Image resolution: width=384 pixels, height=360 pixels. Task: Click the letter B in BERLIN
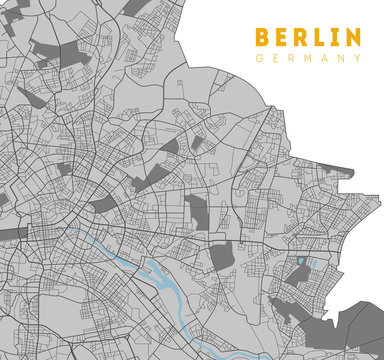pos(263,38)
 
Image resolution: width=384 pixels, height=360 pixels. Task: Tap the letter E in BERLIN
pos(283,38)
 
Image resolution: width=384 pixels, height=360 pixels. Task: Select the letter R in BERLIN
pos(303,38)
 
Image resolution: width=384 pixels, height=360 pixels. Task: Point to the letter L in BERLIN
pos(322,38)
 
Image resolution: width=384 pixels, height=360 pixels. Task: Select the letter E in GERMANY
pos(276,59)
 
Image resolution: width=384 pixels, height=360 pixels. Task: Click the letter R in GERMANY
pos(292,59)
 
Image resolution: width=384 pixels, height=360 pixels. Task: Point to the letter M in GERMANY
pos(308,59)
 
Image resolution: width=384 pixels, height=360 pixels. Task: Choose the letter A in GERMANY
pos(325,59)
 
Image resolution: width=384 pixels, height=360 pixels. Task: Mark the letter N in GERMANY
pos(341,59)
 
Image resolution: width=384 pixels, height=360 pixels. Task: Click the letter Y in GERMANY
pos(357,59)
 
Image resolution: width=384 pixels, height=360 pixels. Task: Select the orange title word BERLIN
pos(308,38)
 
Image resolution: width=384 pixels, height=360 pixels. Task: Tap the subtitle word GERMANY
pos(308,59)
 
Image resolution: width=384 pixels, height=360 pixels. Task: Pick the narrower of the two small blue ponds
pos(313,263)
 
